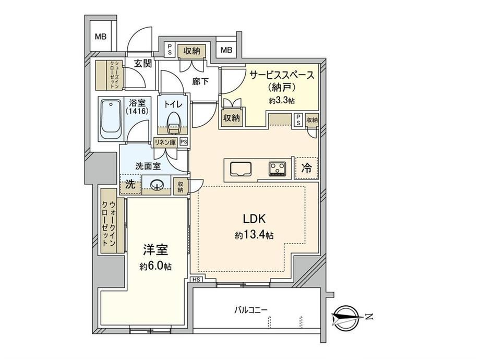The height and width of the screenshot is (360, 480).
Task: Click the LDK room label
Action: [254, 219]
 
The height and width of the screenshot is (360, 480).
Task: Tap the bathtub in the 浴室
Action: [111, 119]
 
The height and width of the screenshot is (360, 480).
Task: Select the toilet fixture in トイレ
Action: [174, 123]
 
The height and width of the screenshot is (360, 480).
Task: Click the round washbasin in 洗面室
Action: [157, 186]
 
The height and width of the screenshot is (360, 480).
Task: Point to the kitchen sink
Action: [241, 169]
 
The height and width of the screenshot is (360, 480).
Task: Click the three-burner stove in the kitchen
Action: [278, 169]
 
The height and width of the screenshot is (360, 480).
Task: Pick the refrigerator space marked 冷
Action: [306, 168]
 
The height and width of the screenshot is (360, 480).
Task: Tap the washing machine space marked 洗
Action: [130, 185]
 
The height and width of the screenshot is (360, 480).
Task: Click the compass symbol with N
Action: [345, 317]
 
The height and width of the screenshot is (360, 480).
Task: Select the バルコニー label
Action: [251, 310]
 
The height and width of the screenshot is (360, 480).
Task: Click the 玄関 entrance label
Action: [143, 63]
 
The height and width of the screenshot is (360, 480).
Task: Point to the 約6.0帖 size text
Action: [155, 266]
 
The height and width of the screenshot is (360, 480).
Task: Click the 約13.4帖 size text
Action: [254, 235]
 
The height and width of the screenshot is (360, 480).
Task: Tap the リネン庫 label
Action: [165, 142]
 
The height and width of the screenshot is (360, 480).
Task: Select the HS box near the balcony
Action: [197, 280]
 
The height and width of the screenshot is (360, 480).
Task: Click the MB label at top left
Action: [100, 37]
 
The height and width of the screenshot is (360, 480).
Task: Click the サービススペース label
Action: [282, 75]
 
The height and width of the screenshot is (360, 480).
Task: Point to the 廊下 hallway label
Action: [200, 81]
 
